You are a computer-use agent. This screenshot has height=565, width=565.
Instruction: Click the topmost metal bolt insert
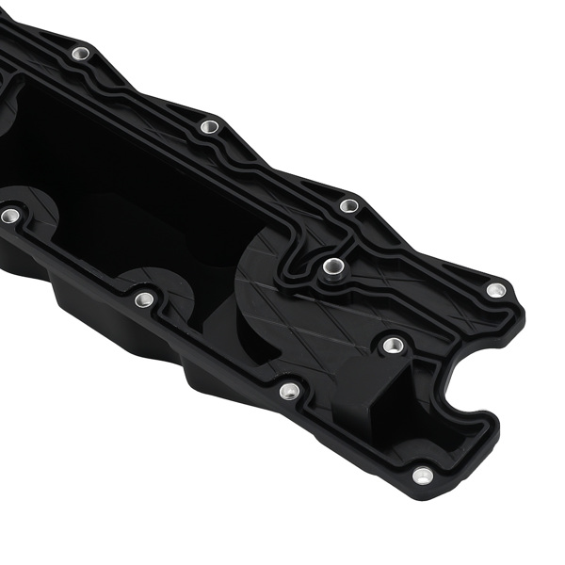point(81,54)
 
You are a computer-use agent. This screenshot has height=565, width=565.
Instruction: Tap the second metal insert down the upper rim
point(209,126)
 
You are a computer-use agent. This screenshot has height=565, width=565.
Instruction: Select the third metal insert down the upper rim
point(348,205)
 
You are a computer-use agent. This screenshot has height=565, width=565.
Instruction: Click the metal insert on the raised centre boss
point(331,266)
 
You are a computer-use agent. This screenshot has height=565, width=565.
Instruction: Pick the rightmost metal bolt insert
point(496,290)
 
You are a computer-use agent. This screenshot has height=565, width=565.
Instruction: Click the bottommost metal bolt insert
point(423,476)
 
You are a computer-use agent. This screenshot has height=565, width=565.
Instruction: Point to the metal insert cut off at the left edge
point(9,216)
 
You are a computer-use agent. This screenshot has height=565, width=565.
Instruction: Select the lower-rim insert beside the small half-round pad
point(144,299)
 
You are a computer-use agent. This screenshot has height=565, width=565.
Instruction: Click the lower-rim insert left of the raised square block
point(290,390)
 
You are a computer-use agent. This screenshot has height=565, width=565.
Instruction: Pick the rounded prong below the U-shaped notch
point(461,452)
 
